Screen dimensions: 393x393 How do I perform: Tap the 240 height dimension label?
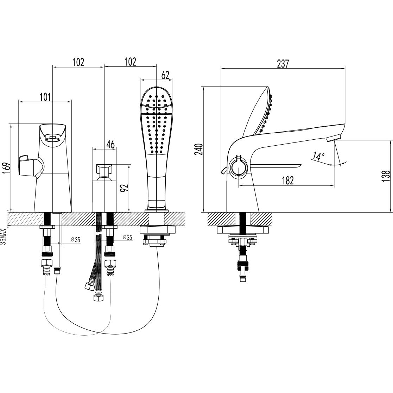(199, 150)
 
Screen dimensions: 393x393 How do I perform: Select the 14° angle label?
(318, 156)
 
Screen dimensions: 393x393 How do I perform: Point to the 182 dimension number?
(287, 180)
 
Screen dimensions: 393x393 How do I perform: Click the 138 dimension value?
(386, 176)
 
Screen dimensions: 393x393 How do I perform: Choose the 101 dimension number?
(45, 97)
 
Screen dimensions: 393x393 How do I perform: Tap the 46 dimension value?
(110, 144)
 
